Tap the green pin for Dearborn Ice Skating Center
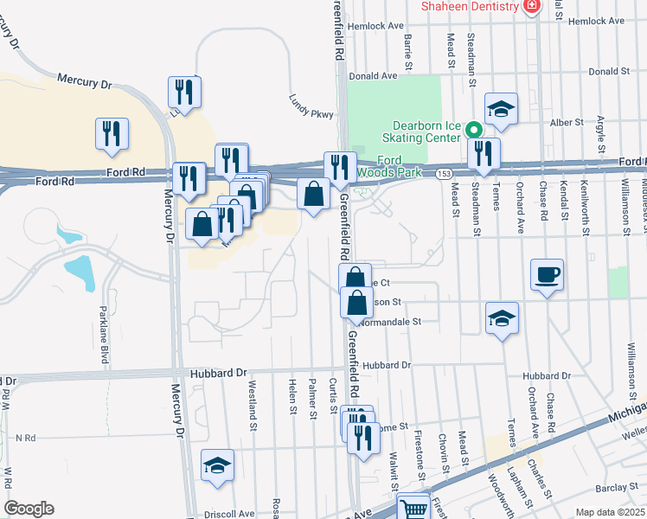pos(473,131)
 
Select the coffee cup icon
pos(547,276)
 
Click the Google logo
pos(29,509)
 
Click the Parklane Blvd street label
pos(103,335)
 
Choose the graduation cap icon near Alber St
pos(501,110)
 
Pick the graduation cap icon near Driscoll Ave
pos(217,466)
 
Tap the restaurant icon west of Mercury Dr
pos(112,134)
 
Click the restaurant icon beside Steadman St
pos(484,154)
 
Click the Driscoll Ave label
pos(228,514)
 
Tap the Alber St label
pos(567,123)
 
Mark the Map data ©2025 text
pos(610,512)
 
